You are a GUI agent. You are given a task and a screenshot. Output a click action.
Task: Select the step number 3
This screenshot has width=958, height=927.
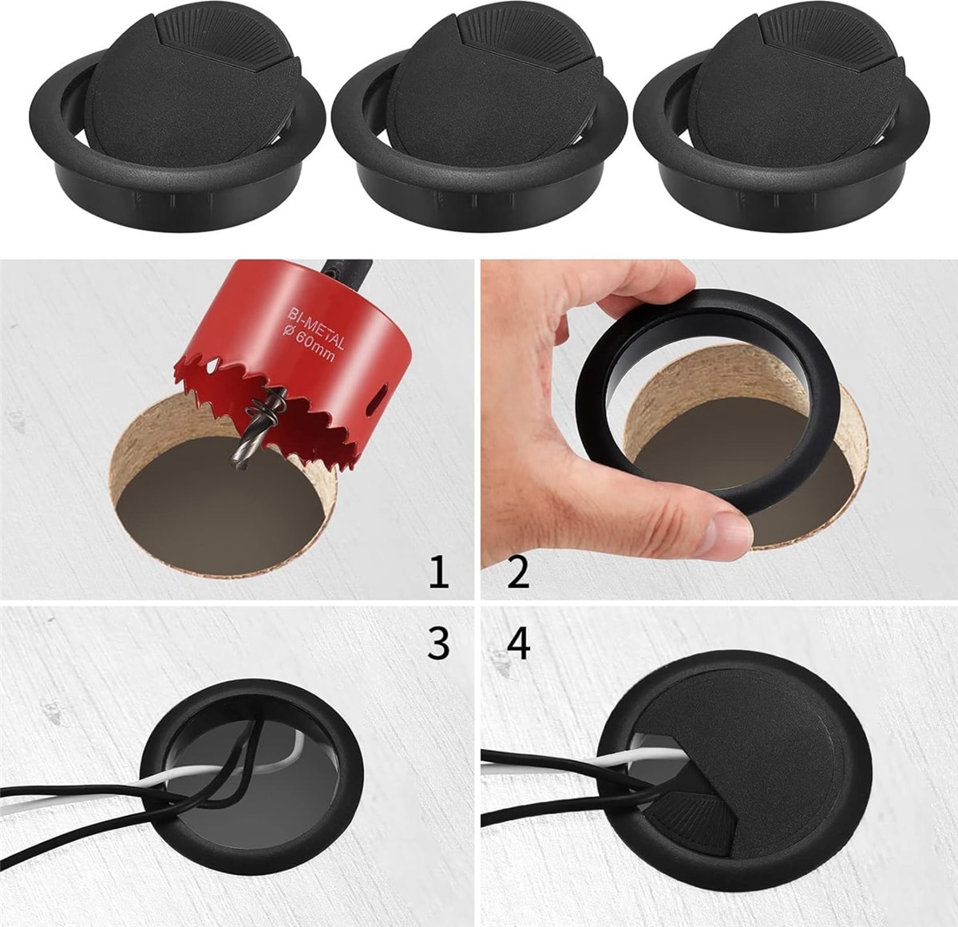438,642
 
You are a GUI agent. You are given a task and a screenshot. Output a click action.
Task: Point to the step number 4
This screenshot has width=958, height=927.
518,642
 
